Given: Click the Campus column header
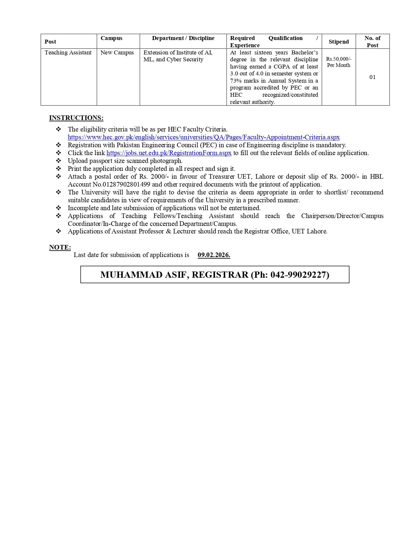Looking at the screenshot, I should (111, 38).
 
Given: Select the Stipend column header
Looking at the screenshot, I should (339, 42).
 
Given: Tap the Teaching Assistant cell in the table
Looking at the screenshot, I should (68, 52).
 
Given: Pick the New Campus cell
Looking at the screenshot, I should (117, 52).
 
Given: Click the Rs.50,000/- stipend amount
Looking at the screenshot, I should (339, 59).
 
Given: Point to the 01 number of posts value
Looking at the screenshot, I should (372, 77).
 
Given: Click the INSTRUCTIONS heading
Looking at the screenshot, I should (76, 118).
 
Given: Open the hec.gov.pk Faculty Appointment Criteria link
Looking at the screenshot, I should (204, 137).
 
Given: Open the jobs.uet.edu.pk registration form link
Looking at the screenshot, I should (169, 153).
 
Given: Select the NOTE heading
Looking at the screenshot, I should (60, 248).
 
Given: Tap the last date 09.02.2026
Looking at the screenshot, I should (214, 255).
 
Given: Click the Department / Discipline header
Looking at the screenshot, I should (183, 38).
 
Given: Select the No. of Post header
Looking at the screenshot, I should (372, 42).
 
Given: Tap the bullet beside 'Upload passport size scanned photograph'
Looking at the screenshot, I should (58, 161).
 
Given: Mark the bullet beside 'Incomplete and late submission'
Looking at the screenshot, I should (58, 208).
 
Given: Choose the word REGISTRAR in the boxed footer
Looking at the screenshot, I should (220, 275).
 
